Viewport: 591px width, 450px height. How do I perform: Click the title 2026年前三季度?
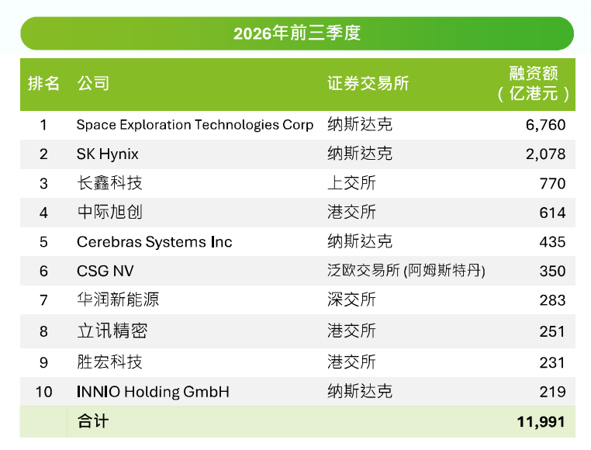click(x=297, y=33)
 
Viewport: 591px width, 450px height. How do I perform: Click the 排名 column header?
click(x=43, y=83)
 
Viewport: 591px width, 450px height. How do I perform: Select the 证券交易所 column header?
click(x=368, y=83)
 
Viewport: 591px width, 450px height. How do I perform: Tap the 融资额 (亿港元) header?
click(x=534, y=83)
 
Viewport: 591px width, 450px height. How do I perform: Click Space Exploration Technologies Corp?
click(x=195, y=125)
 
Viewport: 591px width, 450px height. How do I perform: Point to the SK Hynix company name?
click(x=108, y=154)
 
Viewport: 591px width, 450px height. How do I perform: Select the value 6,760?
click(x=545, y=125)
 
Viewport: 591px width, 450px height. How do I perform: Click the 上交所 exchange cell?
click(x=351, y=183)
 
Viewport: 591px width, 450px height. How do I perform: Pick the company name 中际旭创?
click(x=109, y=213)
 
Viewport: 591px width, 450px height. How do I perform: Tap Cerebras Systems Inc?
click(x=154, y=242)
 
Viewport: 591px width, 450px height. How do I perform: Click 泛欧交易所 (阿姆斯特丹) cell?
click(x=406, y=271)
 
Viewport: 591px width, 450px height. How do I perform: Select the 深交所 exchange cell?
click(x=351, y=300)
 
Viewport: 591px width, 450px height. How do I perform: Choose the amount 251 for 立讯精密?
click(x=552, y=331)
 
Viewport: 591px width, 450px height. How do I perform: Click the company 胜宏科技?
click(x=109, y=362)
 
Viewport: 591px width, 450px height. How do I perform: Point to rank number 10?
click(x=43, y=392)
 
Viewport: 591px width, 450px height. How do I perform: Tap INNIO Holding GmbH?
click(x=153, y=392)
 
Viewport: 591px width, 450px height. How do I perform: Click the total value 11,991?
click(x=541, y=422)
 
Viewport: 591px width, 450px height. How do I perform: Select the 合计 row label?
click(x=93, y=421)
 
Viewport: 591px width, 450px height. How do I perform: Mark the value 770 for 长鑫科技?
click(x=552, y=183)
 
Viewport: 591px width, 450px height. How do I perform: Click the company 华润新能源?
click(x=118, y=300)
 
